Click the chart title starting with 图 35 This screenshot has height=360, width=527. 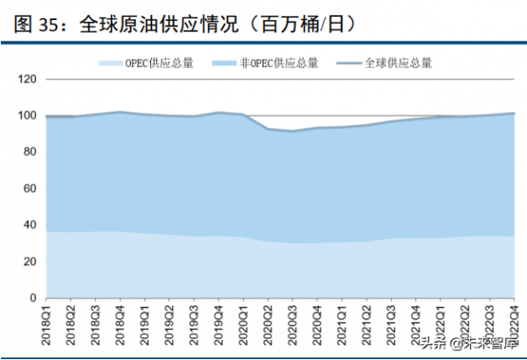(184, 25)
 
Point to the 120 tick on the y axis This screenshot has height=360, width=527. (28, 79)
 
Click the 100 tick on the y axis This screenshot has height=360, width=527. (28, 116)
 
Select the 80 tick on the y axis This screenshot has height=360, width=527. (31, 152)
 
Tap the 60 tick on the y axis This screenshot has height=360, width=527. (31, 189)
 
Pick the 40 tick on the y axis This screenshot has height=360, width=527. (31, 225)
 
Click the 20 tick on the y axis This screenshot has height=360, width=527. (31, 262)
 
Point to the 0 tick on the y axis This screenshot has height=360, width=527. (33, 298)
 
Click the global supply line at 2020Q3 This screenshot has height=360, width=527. (292, 131)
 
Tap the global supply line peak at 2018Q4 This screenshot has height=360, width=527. (119, 112)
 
